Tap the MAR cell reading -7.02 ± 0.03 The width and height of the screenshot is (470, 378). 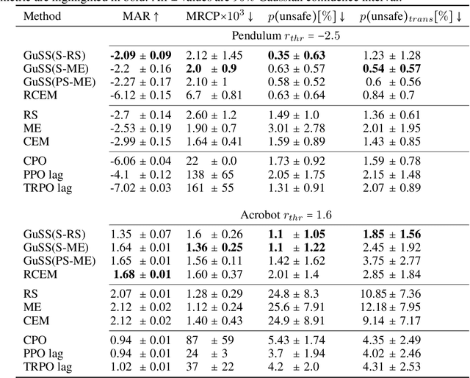(x=140, y=188)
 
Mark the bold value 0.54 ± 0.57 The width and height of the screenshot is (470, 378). (x=392, y=68)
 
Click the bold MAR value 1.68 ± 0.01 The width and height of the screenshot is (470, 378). (x=140, y=274)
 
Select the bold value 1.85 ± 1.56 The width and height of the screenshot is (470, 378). (x=392, y=235)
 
